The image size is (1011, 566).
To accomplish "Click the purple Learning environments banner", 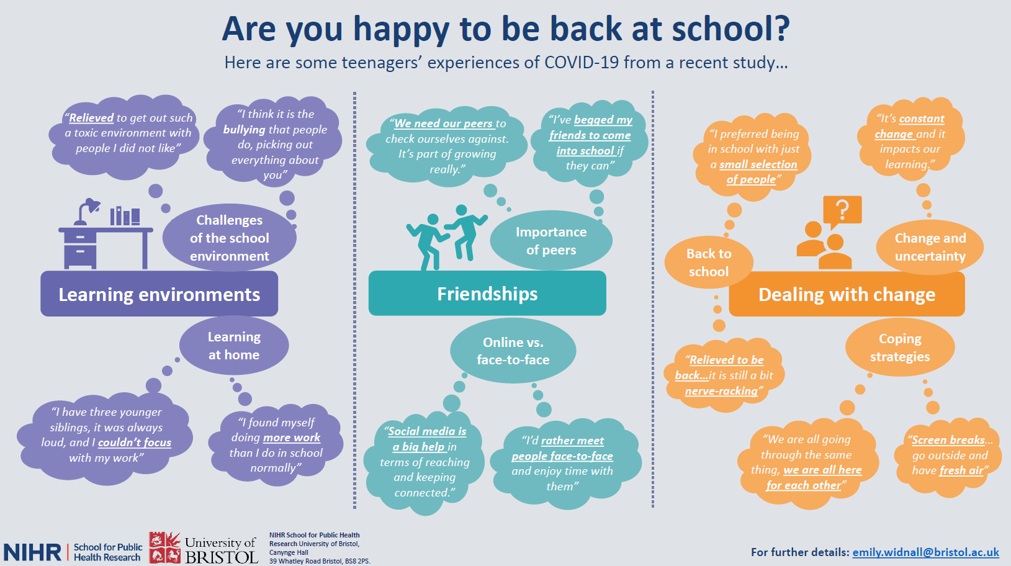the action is pyautogui.click(x=160, y=294).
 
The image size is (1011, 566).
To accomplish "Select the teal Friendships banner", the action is pyautogui.click(x=487, y=294).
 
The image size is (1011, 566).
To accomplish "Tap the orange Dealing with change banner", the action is pyautogui.click(x=847, y=294).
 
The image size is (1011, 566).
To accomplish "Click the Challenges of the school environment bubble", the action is pyautogui.click(x=229, y=238).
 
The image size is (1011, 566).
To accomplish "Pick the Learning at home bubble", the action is pyautogui.click(x=234, y=345).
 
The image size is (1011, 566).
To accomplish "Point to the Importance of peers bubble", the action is pyautogui.click(x=551, y=241).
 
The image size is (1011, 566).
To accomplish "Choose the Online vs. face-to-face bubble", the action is pyautogui.click(x=513, y=351).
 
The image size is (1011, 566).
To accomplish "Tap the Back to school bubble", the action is pyautogui.click(x=709, y=263).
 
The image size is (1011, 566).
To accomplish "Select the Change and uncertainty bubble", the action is pyautogui.click(x=930, y=247).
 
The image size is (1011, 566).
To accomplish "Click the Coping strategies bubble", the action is pyautogui.click(x=900, y=347).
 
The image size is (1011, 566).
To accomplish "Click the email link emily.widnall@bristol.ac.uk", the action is pyautogui.click(x=926, y=552).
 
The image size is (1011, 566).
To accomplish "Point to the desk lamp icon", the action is pyautogui.click(x=87, y=211).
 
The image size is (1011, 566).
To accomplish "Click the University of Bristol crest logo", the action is pyautogui.click(x=164, y=547).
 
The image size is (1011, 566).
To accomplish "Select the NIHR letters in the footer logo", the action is pyautogui.click(x=32, y=552).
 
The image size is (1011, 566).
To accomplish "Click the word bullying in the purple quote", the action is pyautogui.click(x=244, y=130).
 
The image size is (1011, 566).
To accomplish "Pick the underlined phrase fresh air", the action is pyautogui.click(x=961, y=470).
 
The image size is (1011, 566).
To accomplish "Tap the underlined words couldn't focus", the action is pyautogui.click(x=135, y=442).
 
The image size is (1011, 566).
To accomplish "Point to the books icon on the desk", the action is pyautogui.click(x=125, y=216).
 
